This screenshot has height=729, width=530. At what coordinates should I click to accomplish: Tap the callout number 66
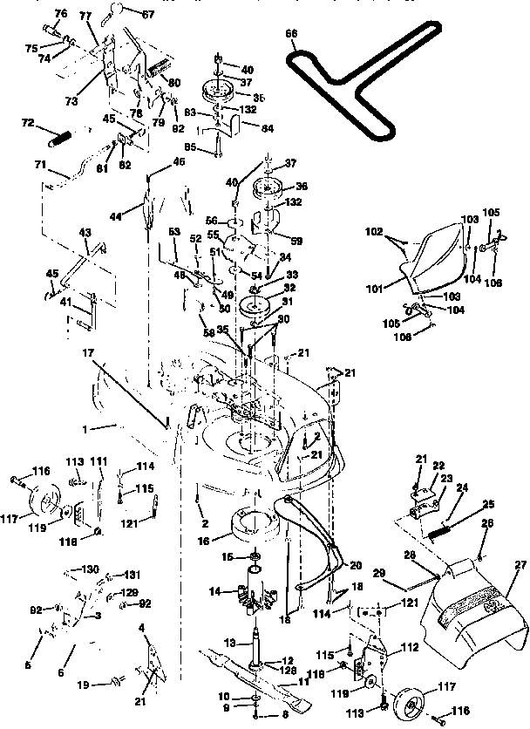point(291,33)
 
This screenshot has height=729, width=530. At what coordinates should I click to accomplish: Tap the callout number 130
point(90,568)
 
